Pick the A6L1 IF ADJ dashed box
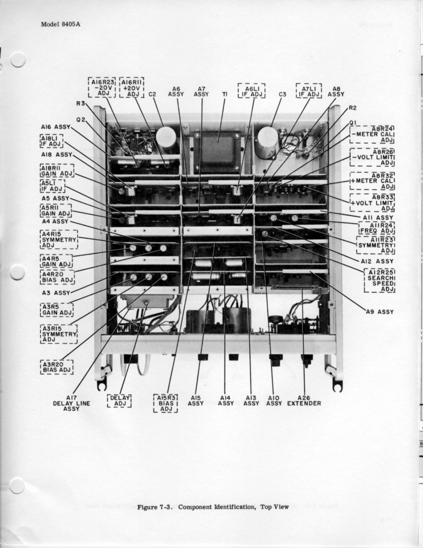tap(251, 90)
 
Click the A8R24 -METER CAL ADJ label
tap(373, 134)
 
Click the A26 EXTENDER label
tap(304, 400)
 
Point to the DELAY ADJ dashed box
tap(120, 400)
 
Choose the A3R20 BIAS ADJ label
tap(57, 367)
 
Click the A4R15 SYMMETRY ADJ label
tap(59, 239)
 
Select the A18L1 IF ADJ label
tap(51, 141)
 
